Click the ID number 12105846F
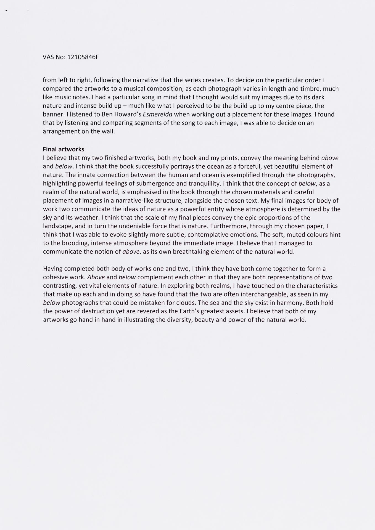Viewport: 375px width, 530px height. pyautogui.click(x=83, y=57)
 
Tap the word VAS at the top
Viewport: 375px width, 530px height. pyautogui.click(x=48, y=57)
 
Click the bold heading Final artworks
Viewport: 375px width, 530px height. pyautogui.click(x=64, y=149)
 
